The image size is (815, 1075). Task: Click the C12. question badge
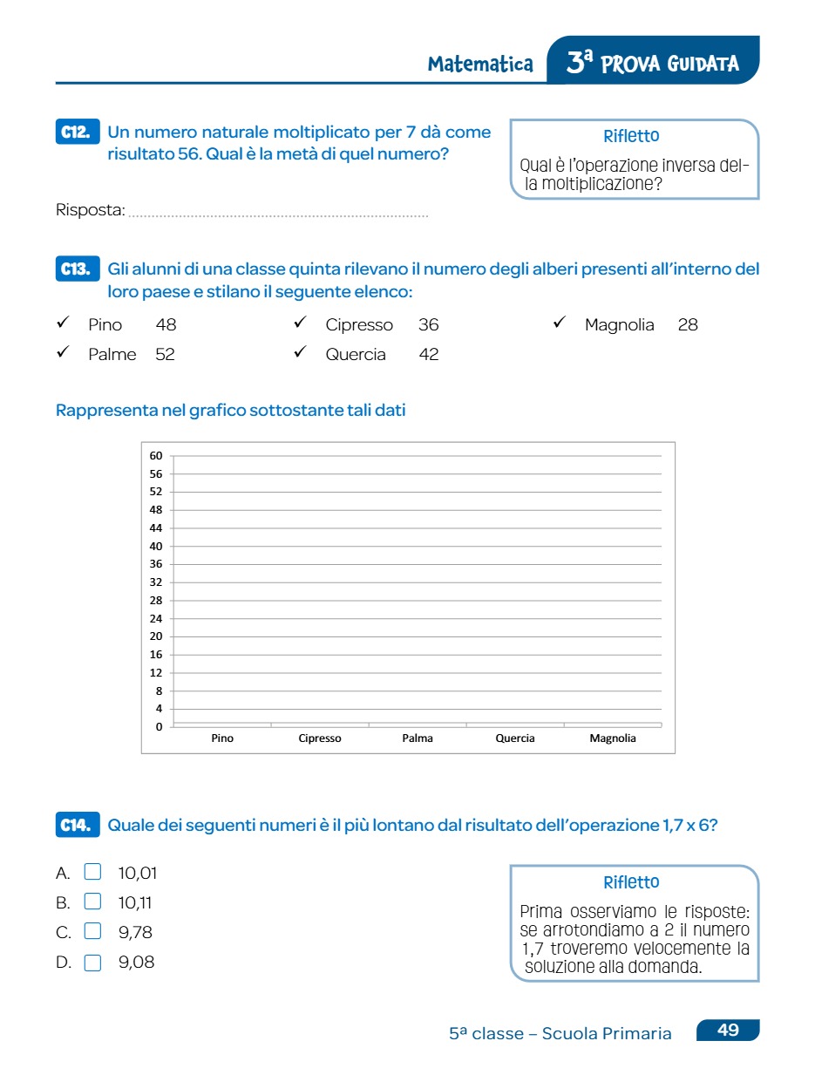pyautogui.click(x=77, y=133)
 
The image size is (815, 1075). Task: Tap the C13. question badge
pyautogui.click(x=77, y=269)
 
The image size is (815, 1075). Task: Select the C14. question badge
pyautogui.click(x=77, y=825)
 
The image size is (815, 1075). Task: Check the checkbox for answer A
pyautogui.click(x=92, y=873)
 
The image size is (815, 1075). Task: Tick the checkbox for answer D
pyautogui.click(x=92, y=963)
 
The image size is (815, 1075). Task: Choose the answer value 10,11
pyautogui.click(x=135, y=902)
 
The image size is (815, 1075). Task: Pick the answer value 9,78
pyautogui.click(x=135, y=932)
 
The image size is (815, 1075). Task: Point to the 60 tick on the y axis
pyautogui.click(x=156, y=455)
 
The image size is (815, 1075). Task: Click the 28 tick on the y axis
pyautogui.click(x=156, y=600)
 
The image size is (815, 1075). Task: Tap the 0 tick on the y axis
pyautogui.click(x=159, y=726)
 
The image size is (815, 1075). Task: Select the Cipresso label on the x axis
pyautogui.click(x=320, y=738)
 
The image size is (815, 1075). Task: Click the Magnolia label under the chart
pyautogui.click(x=613, y=738)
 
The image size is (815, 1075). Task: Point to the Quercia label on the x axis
pyautogui.click(x=515, y=738)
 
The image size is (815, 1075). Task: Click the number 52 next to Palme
pyautogui.click(x=165, y=354)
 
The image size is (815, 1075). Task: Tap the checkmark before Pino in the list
pyautogui.click(x=63, y=323)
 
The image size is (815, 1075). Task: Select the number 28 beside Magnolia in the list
pyautogui.click(x=688, y=325)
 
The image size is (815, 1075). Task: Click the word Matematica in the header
pyautogui.click(x=480, y=64)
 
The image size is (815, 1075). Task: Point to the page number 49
pyautogui.click(x=728, y=1031)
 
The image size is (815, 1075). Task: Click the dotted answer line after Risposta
pyautogui.click(x=279, y=214)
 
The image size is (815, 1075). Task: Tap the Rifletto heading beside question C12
pyautogui.click(x=631, y=137)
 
